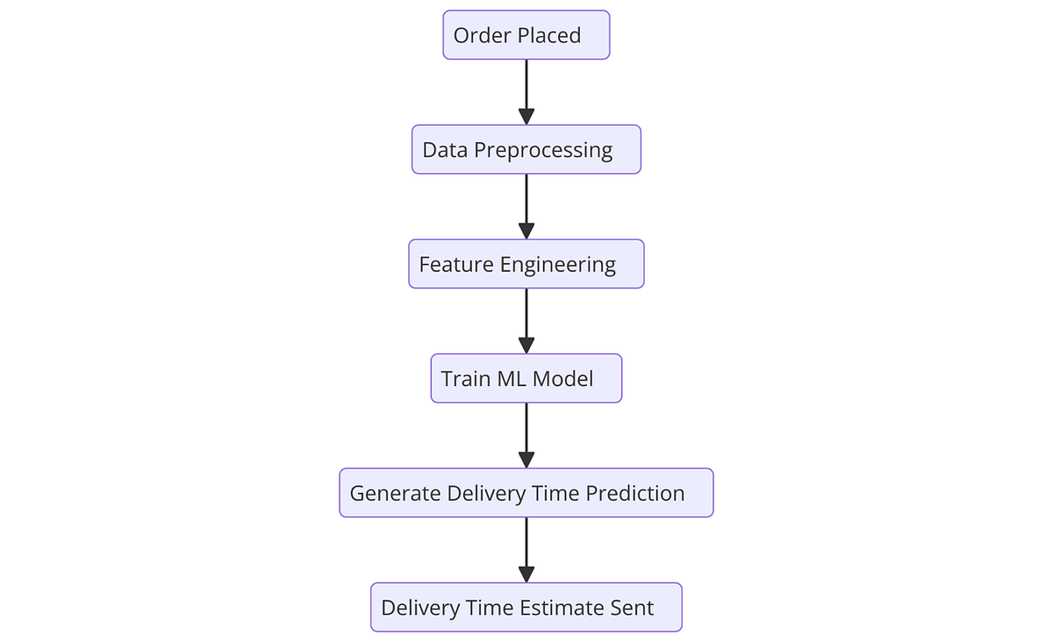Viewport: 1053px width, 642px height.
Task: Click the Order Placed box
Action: pyautogui.click(x=526, y=35)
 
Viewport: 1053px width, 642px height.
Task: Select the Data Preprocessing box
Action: pyautogui.click(x=526, y=149)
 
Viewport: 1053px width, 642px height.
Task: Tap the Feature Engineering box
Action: pyautogui.click(x=526, y=264)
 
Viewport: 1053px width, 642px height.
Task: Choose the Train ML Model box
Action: pyautogui.click(x=526, y=378)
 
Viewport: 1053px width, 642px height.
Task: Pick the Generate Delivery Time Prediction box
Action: pyautogui.click(x=526, y=493)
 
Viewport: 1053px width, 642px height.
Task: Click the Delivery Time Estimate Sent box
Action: pyautogui.click(x=526, y=607)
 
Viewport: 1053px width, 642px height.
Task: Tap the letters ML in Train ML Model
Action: pyautogui.click(x=509, y=379)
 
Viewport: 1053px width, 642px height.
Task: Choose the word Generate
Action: pyautogui.click(x=395, y=494)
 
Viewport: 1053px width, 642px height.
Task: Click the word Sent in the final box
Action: pyautogui.click(x=632, y=608)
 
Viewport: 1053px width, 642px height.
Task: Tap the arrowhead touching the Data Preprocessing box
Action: pyautogui.click(x=526, y=117)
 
